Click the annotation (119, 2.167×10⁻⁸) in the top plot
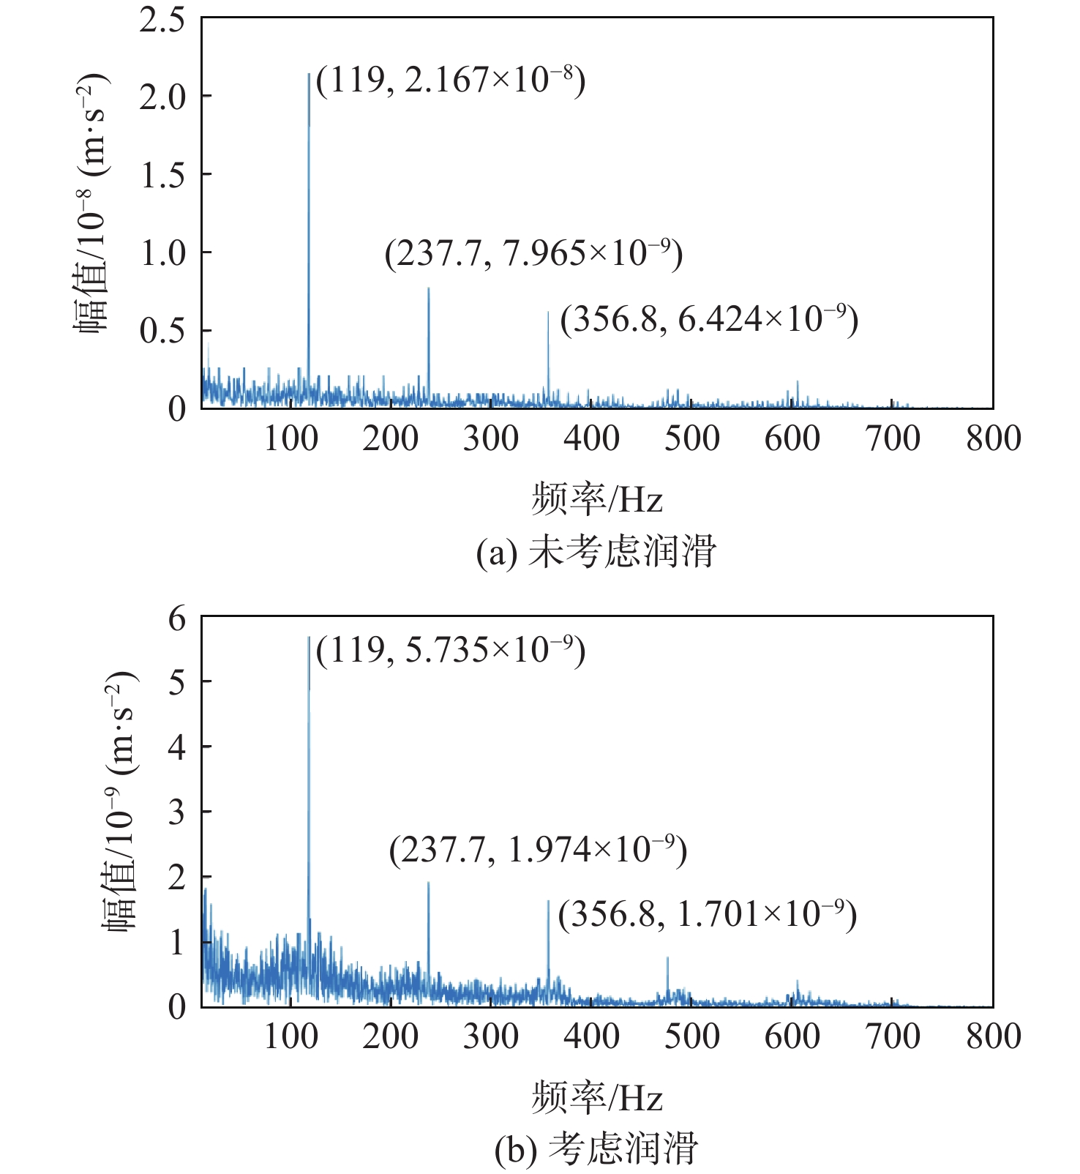point(451,81)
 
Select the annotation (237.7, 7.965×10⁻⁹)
point(533,254)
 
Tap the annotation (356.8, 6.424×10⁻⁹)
point(709,320)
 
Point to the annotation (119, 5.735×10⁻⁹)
point(451,650)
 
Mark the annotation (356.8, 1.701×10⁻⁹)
point(707,915)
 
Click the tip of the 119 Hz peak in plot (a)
point(309,74)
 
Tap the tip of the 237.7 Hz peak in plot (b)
point(428,883)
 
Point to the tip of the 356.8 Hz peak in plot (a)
point(548,313)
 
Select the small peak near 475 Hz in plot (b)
point(667,958)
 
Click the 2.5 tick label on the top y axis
point(162,20)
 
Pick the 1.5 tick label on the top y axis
point(162,176)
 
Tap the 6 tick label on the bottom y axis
point(177,619)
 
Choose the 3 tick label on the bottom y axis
point(177,812)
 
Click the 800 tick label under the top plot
point(993,439)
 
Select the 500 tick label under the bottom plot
point(691,1037)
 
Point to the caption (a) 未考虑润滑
point(596,552)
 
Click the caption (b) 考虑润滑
point(596,1149)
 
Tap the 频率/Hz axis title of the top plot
point(597,501)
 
